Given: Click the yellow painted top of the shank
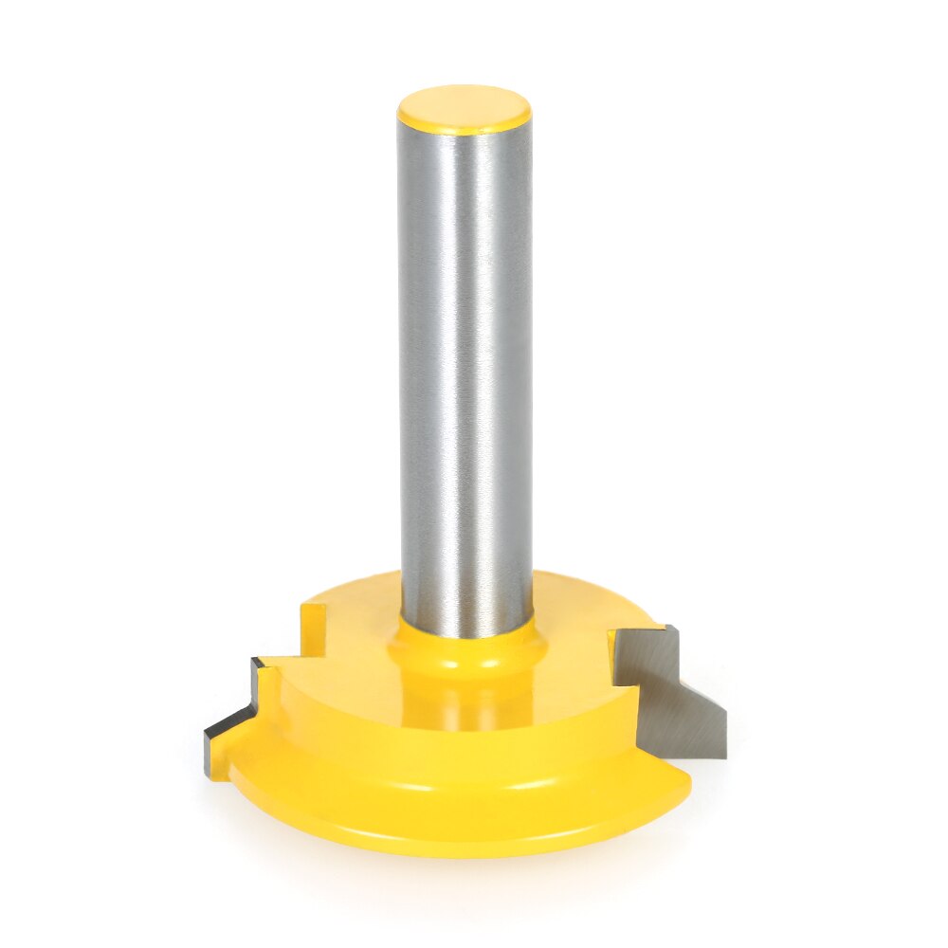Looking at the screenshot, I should click(x=464, y=107).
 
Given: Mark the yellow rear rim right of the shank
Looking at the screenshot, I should click(x=588, y=592).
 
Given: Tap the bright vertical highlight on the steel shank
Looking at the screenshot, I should click(x=446, y=379).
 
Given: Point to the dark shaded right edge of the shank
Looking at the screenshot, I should click(x=523, y=379).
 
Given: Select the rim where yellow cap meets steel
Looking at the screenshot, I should click(x=465, y=133).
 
